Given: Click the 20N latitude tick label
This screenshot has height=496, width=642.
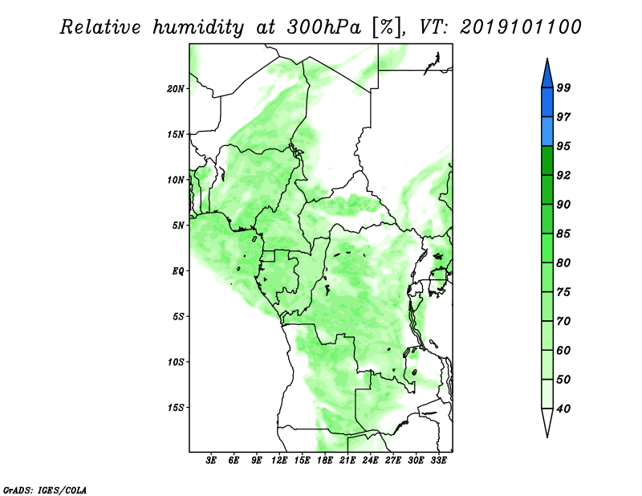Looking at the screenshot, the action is click(175, 89).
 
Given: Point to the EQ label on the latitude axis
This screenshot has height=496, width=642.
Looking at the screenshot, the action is click(178, 271).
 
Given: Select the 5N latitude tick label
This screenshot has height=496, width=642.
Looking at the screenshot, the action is click(178, 226).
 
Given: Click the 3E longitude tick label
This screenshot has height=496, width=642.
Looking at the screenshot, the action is click(211, 461).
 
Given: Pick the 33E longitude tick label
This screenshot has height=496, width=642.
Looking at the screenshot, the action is click(438, 461).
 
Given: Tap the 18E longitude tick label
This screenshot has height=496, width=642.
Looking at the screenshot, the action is click(325, 461).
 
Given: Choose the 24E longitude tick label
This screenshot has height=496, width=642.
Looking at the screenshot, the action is click(370, 461).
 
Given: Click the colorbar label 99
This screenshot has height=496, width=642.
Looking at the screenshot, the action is click(563, 87).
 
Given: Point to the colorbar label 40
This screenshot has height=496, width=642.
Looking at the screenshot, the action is click(563, 409).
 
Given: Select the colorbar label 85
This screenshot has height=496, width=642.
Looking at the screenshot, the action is click(563, 234).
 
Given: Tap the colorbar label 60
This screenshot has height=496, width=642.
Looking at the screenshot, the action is click(563, 350).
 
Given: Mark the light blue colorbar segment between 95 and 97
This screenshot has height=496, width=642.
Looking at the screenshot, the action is click(547, 132).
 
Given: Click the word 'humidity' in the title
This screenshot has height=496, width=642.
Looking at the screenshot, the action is click(198, 27).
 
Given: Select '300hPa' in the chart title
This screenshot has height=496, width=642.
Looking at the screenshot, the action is click(324, 27).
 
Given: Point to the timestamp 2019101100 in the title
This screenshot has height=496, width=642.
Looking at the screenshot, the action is click(520, 27).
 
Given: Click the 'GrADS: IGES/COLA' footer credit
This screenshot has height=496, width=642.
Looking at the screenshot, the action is click(45, 490).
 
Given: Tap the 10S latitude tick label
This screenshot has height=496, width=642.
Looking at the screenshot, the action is click(176, 362).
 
